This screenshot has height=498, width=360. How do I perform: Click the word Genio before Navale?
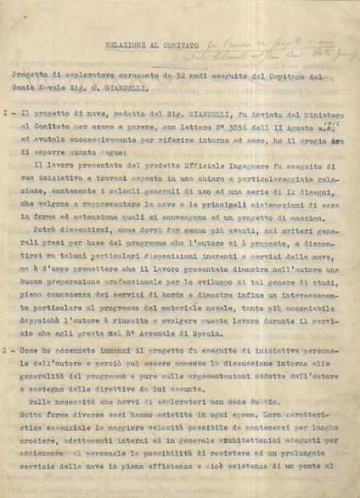[x=34, y=87]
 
